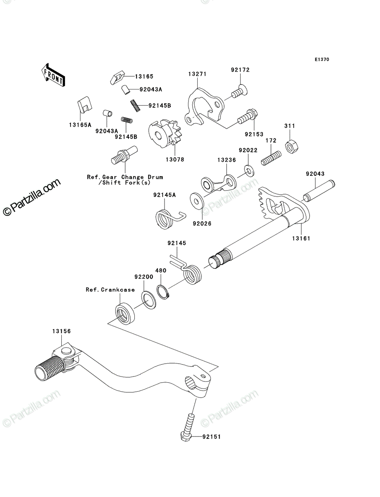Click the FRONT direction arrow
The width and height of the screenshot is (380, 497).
[53, 75]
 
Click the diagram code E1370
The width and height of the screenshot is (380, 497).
[322, 60]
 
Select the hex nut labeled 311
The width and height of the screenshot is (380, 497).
[291, 146]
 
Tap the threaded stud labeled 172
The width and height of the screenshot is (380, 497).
[271, 158]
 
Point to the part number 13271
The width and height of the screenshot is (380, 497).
[198, 74]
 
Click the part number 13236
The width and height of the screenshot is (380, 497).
[227, 160]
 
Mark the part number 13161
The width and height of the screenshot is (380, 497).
[301, 238]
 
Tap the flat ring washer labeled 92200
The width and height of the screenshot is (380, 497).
[148, 301]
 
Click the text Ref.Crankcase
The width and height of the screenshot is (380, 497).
[110, 290]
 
